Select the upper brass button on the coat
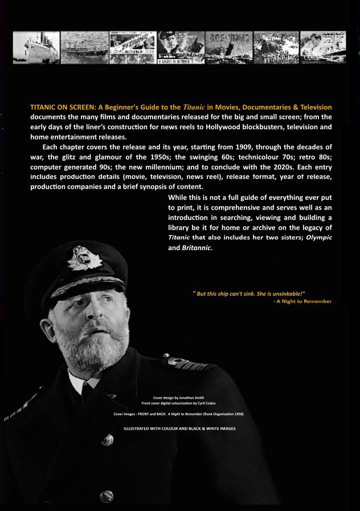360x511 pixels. [x=108, y=439]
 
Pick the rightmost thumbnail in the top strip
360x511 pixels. [x=323, y=47]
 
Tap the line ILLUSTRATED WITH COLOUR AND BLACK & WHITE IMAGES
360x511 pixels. [x=179, y=428]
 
